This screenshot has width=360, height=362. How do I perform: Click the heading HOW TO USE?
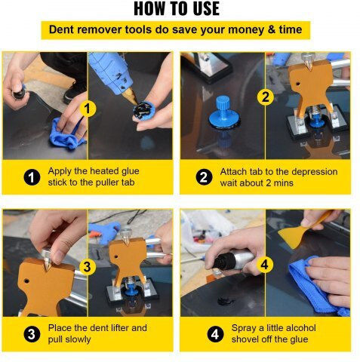[x=177, y=9]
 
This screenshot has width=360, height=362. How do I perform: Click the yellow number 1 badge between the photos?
[x=88, y=109]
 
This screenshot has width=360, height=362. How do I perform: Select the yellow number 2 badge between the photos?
[x=266, y=97]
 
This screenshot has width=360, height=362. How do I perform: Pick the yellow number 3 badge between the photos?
[x=88, y=266]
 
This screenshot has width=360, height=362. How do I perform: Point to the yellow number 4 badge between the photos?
[x=265, y=265]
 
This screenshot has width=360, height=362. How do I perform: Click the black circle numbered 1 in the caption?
[x=32, y=177]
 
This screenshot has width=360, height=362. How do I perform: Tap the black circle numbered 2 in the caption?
[x=204, y=177]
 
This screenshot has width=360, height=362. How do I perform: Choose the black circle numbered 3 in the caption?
[x=32, y=334]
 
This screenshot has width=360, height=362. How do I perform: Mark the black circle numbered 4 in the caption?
[x=215, y=334]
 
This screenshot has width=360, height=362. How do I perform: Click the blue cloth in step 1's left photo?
[x=66, y=134]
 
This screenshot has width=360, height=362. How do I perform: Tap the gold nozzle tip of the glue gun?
[x=131, y=97]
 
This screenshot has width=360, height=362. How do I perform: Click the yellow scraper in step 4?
[x=302, y=230]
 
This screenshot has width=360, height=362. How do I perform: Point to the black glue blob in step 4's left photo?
[x=226, y=301]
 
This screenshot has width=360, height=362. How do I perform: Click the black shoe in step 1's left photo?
[x=75, y=92]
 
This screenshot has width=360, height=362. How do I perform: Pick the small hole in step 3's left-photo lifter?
[x=26, y=280]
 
